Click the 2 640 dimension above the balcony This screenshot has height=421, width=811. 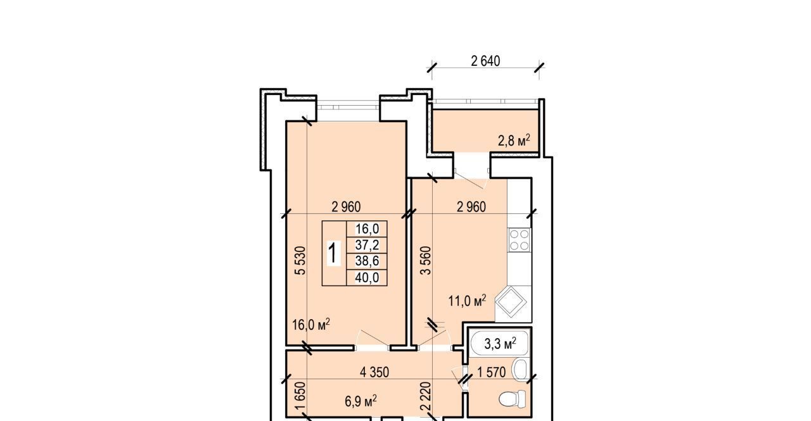[485, 61]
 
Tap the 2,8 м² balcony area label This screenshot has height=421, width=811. [514, 141]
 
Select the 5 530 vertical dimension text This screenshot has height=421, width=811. [300, 260]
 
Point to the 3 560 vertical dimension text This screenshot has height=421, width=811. [426, 260]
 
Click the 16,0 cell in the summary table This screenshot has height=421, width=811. [367, 229]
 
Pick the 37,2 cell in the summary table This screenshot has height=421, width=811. [367, 245]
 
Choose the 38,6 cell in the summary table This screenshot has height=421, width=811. [367, 261]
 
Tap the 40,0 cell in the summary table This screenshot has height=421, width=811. [367, 277]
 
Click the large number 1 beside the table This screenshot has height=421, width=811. [334, 253]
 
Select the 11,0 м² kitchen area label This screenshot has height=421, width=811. [467, 301]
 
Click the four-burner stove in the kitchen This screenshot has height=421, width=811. [519, 240]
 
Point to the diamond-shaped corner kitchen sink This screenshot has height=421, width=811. [511, 301]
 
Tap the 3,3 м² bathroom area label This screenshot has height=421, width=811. [500, 344]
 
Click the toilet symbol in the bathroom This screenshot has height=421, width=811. [513, 399]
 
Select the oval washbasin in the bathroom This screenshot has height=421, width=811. [520, 369]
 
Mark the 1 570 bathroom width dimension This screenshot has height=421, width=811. [491, 372]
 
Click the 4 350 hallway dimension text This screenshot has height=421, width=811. [374, 372]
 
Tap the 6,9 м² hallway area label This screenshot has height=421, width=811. [361, 401]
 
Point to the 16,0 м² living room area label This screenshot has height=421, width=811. [311, 325]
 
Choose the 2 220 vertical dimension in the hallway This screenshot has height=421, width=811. [426, 396]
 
